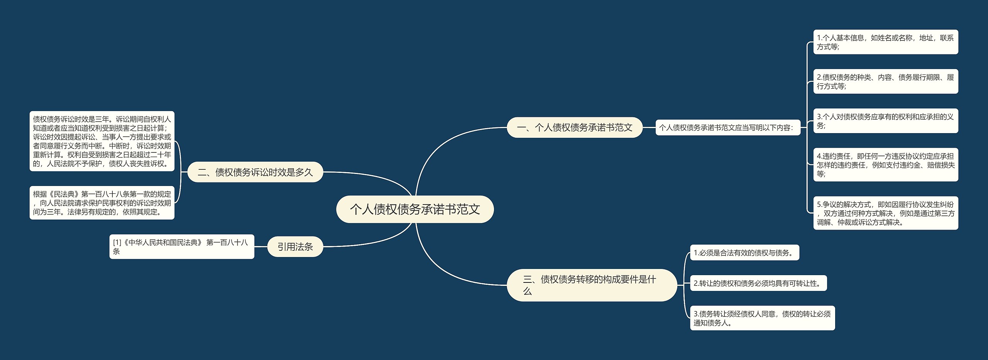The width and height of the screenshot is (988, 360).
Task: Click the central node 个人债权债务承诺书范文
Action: tap(415, 209)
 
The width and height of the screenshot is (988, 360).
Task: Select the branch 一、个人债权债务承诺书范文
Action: tap(574, 127)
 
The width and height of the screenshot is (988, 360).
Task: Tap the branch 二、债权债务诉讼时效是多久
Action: tap(255, 172)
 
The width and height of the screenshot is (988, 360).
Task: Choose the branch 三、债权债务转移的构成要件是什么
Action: tap(591, 285)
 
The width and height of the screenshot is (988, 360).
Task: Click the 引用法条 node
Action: tap(295, 247)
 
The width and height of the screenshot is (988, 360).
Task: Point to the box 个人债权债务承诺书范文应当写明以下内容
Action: tap(728, 127)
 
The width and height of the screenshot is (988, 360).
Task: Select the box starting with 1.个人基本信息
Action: tap(885, 42)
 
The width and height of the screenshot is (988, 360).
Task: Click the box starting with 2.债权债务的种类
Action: tap(885, 81)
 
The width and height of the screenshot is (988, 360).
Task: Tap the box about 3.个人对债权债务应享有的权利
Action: tap(885, 121)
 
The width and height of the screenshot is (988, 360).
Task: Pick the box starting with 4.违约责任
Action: tap(885, 165)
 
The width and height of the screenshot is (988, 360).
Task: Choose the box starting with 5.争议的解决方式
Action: tap(885, 213)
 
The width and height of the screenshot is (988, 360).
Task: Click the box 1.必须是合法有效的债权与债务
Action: tap(744, 253)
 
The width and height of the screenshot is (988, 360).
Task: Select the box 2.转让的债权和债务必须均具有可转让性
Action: tap(758, 283)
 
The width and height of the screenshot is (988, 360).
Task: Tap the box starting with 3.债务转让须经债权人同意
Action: tap(762, 318)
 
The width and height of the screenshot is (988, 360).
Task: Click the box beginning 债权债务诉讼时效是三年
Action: tap(102, 141)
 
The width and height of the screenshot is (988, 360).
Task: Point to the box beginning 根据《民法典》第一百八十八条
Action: tap(102, 203)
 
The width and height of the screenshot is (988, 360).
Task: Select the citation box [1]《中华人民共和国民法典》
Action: tap(181, 247)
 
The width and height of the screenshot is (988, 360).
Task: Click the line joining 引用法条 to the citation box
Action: tap(261, 247)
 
